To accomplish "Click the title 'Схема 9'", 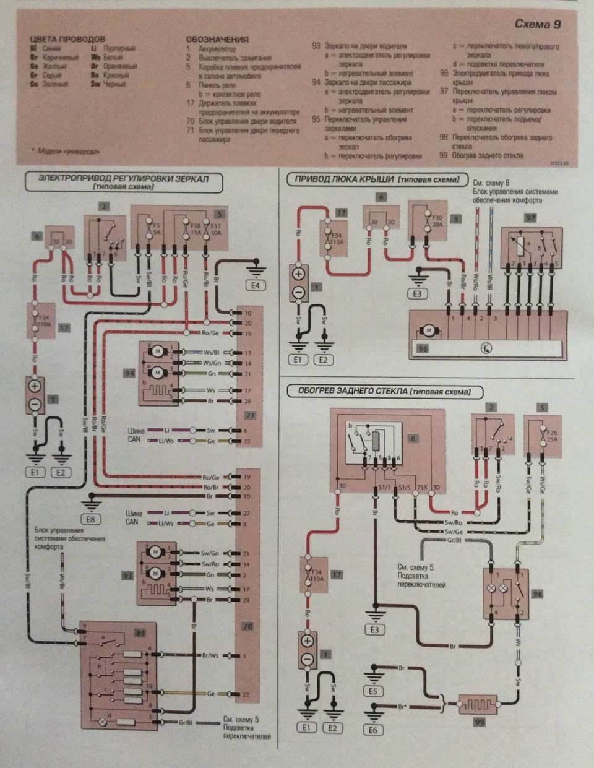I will tap(538, 25).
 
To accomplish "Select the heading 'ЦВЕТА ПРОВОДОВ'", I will tap(67, 39).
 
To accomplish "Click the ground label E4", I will tap(255, 286).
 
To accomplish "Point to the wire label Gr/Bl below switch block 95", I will tap(184, 723).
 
